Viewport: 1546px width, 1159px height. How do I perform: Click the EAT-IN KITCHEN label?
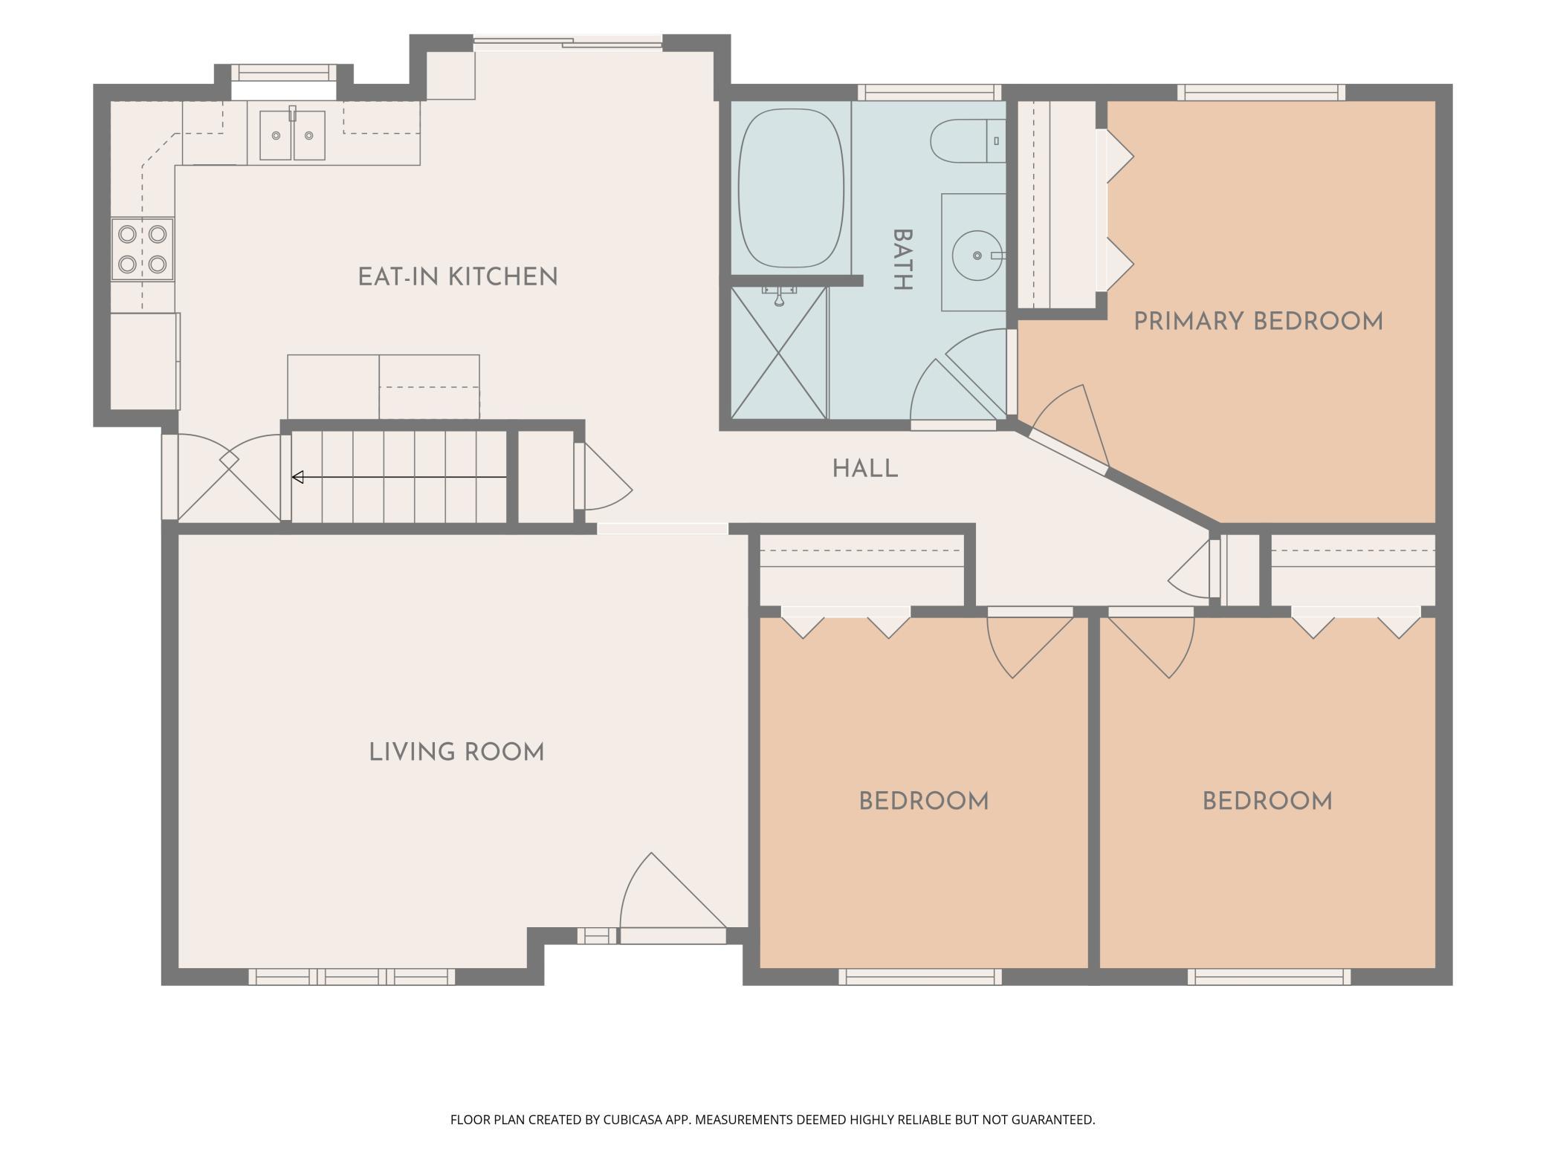pyautogui.click(x=458, y=277)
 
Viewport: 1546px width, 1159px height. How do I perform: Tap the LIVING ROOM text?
pyautogui.click(x=457, y=753)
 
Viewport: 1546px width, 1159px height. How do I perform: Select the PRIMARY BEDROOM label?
pyautogui.click(x=1258, y=322)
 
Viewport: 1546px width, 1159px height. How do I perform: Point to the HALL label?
pyautogui.click(x=865, y=469)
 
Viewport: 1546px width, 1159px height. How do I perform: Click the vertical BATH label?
pyautogui.click(x=902, y=259)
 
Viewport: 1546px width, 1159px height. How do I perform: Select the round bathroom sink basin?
pyautogui.click(x=977, y=256)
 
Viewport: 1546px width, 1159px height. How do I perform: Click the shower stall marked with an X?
pyautogui.click(x=779, y=352)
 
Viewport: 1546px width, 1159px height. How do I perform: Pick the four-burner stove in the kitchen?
pyautogui.click(x=143, y=249)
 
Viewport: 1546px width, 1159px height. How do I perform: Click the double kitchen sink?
pyautogui.click(x=292, y=134)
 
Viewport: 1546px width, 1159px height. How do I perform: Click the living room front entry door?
pyautogui.click(x=673, y=898)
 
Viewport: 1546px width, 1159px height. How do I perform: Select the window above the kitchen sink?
pyautogui.click(x=283, y=72)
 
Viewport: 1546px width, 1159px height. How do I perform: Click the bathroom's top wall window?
pyautogui.click(x=929, y=92)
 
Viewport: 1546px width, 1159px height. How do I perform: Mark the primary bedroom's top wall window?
pyautogui.click(x=1261, y=92)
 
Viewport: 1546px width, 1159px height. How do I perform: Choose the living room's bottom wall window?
pyautogui.click(x=352, y=977)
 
